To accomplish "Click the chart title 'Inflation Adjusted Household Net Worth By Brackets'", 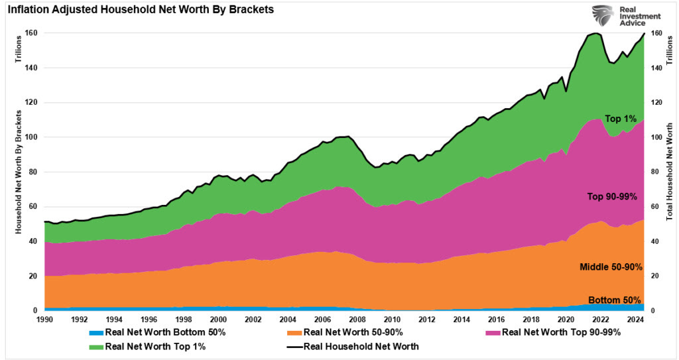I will pyautogui.click(x=141, y=10).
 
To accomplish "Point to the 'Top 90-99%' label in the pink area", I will pyautogui.click(x=611, y=197).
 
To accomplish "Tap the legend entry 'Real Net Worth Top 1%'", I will pyautogui.click(x=150, y=346).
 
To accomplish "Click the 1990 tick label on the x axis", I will pyautogui.click(x=44, y=319).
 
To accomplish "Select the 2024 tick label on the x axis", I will pyautogui.click(x=636, y=319).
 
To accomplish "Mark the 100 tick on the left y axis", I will pyautogui.click(x=31, y=137).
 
